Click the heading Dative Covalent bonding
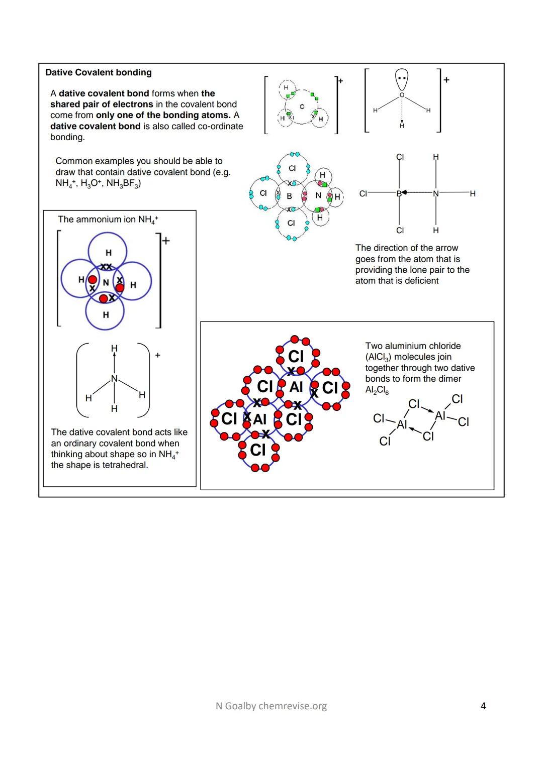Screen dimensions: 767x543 [x=99, y=72]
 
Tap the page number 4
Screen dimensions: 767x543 [x=483, y=706]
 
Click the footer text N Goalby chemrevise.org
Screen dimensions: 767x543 [x=271, y=706]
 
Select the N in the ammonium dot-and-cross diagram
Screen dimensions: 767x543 [x=106, y=283]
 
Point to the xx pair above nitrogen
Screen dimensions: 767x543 [x=106, y=266]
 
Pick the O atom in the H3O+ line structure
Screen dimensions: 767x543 [x=402, y=95]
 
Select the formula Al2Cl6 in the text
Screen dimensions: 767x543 [x=377, y=390]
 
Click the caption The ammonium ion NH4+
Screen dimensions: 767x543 [x=108, y=220]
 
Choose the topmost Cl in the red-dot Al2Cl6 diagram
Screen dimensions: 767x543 [x=296, y=356]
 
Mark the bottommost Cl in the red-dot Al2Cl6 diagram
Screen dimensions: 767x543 [x=257, y=450]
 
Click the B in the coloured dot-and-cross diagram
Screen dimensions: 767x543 [x=289, y=196]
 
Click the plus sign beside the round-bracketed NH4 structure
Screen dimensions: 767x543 [x=158, y=355]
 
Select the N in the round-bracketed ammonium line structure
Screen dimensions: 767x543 [x=114, y=379]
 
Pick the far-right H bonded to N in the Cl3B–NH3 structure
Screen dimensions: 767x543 [x=472, y=193]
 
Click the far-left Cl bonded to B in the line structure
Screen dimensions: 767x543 [x=363, y=193]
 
